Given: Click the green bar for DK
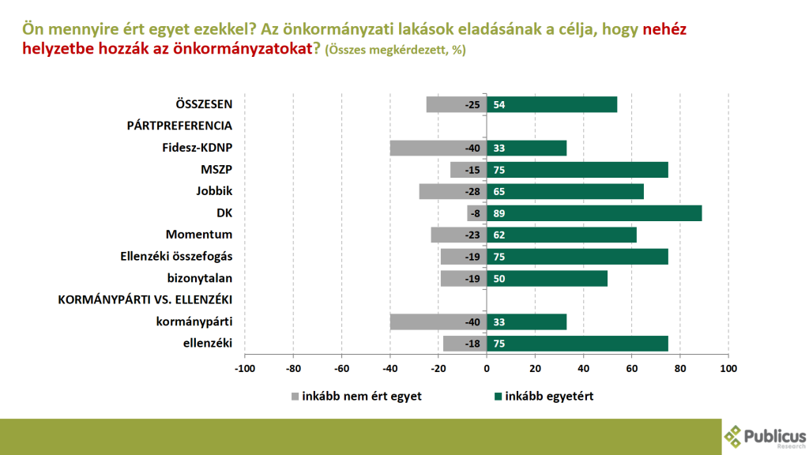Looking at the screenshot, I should (594, 213).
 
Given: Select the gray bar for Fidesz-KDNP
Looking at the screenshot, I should (438, 148).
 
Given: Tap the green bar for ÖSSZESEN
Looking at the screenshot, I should (551, 104).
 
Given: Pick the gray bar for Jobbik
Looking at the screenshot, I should (453, 191).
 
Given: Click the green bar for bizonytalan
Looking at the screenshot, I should (547, 278).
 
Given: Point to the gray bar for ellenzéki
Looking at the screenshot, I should (465, 344).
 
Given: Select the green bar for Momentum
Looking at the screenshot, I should (561, 235).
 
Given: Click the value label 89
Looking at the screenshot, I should (499, 213).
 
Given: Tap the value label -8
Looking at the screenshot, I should (474, 213).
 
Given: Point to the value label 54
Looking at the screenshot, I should (499, 104).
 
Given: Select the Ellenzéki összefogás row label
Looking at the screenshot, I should (177, 256).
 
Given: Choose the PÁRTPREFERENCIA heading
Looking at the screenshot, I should (179, 126).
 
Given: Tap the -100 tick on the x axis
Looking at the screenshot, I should (245, 368).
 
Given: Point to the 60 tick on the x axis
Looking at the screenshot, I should (631, 368).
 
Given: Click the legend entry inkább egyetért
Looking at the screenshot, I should (543, 396).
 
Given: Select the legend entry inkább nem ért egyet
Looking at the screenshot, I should (356, 396).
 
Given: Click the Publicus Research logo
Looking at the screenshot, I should (766, 436).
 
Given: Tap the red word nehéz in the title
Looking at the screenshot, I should (665, 29).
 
